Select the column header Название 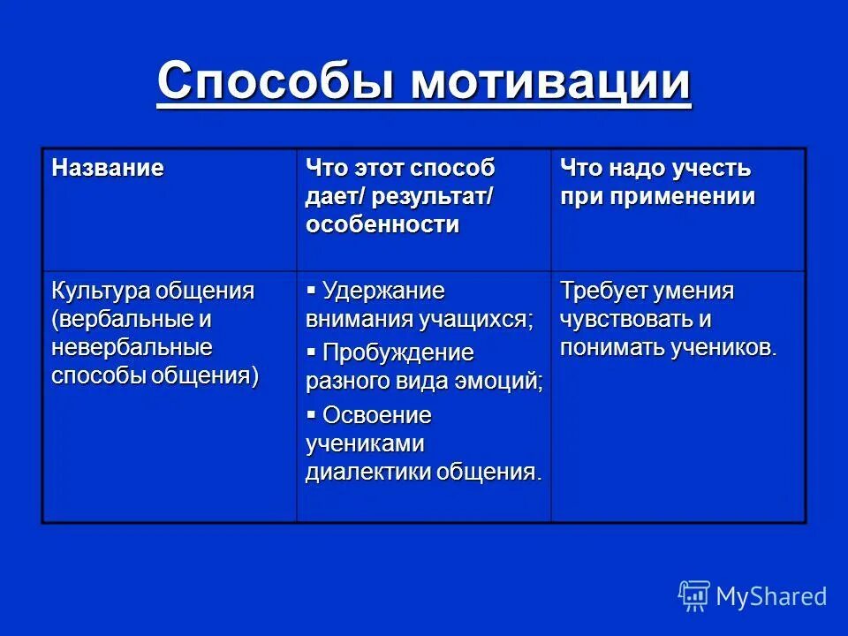pyautogui.click(x=107, y=168)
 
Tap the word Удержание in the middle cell pyautogui.click(x=383, y=291)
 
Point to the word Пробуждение pyautogui.click(x=397, y=352)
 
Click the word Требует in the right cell pyautogui.click(x=602, y=291)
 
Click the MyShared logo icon pyautogui.click(x=694, y=595)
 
